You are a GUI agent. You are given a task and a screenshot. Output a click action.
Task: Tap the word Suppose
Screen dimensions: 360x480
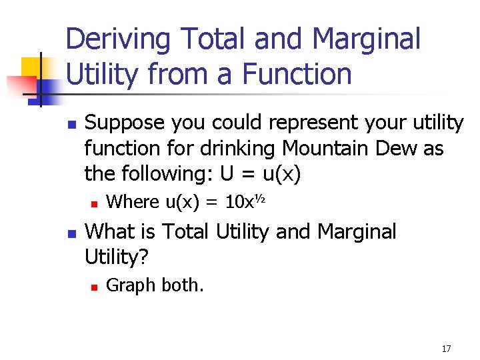[125, 123]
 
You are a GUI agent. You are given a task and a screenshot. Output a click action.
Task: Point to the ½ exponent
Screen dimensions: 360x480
[261, 197]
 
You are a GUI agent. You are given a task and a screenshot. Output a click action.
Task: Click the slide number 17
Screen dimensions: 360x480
[446, 349]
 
